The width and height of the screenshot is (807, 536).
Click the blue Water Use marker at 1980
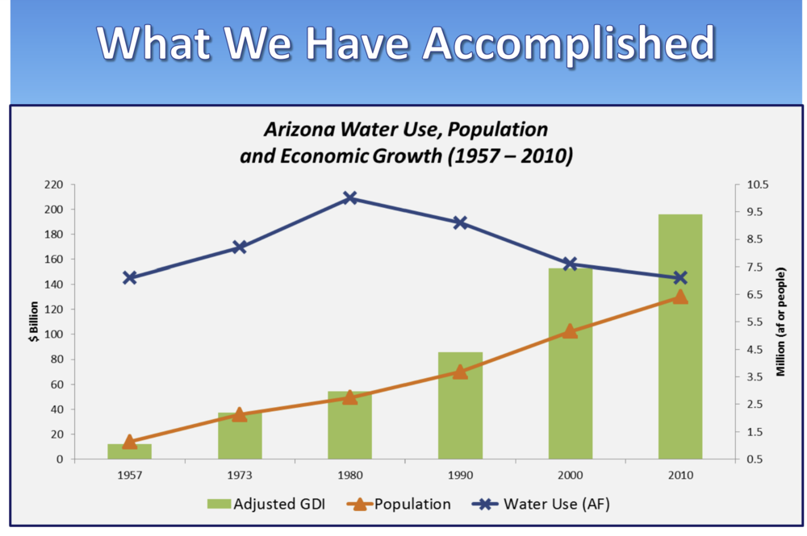[349, 198]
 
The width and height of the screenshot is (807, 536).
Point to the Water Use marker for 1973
[240, 247]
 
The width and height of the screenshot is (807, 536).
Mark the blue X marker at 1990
[460, 222]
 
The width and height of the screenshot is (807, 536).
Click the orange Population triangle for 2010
[679, 297]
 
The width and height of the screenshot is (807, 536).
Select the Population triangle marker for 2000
[570, 331]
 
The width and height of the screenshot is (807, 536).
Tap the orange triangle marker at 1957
[130, 442]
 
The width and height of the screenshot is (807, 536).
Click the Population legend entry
[399, 505]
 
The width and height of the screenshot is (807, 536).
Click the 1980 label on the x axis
[349, 476]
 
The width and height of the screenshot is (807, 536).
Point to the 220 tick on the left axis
[54, 185]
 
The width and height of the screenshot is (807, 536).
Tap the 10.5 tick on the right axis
[759, 185]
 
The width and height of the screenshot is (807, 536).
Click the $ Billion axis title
[33, 322]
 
